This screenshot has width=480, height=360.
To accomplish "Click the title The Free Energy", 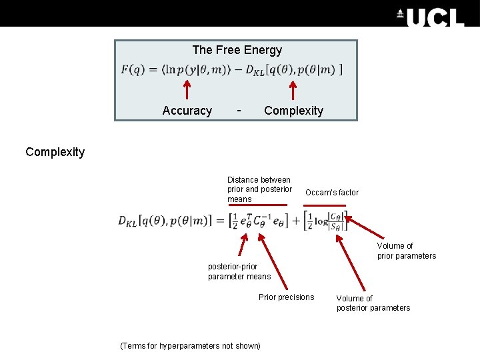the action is pyautogui.click(x=237, y=50).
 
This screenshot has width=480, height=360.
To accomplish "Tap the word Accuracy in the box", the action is pyautogui.click(x=187, y=111).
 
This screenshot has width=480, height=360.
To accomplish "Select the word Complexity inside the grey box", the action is pyautogui.click(x=293, y=111).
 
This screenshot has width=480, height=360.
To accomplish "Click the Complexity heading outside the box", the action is pyautogui.click(x=55, y=152).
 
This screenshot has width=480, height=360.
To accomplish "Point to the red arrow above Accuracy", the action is pyautogui.click(x=187, y=92).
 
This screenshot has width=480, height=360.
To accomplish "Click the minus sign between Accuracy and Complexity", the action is pyautogui.click(x=239, y=109).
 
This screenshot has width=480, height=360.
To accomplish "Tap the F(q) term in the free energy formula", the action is pyautogui.click(x=133, y=69).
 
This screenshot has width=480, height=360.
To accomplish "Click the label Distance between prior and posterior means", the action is pyautogui.click(x=259, y=189).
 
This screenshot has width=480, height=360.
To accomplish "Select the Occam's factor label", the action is pyautogui.click(x=331, y=193).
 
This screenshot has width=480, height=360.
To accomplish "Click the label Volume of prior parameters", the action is pyautogui.click(x=406, y=251).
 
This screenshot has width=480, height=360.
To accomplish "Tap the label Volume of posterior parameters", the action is pyautogui.click(x=373, y=303).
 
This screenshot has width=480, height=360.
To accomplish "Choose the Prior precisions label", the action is pyautogui.click(x=286, y=297).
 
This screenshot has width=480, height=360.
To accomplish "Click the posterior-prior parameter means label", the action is pyautogui.click(x=239, y=271).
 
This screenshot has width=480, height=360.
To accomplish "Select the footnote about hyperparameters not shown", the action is pyautogui.click(x=190, y=345).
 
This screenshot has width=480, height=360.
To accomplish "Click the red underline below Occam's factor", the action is pyautogui.click(x=325, y=205).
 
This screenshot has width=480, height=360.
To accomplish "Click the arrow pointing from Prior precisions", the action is pyautogui.click(x=273, y=259).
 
